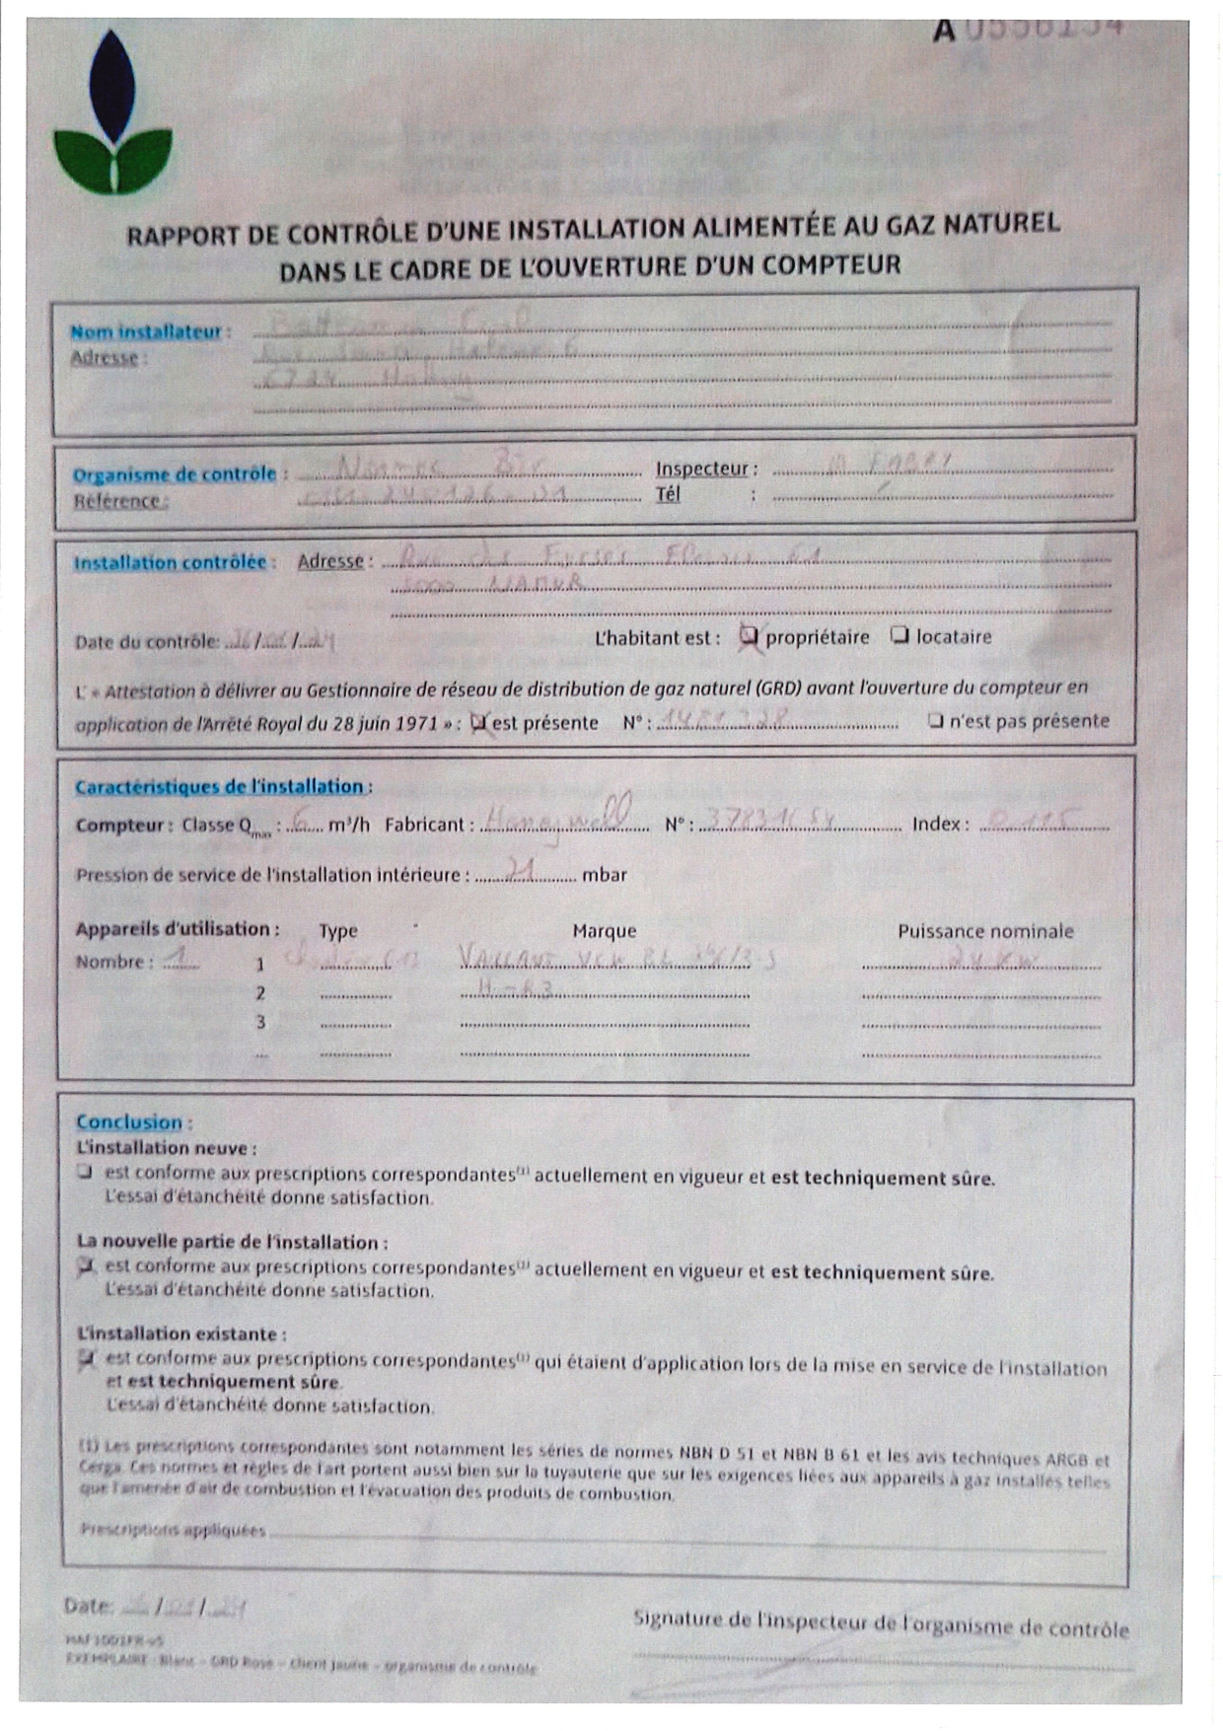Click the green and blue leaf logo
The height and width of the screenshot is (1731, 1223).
[x=112, y=113]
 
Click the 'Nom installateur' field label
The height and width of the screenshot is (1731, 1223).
[x=147, y=331]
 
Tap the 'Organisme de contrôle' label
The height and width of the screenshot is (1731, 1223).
[x=175, y=474]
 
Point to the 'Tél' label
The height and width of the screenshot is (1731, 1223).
[x=668, y=494]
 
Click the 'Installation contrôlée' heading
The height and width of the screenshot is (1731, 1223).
[x=170, y=562]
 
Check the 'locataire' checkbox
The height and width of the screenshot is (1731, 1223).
[x=899, y=635]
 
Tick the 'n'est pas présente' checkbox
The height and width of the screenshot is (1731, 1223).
[x=936, y=721]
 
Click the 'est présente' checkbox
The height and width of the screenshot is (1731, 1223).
[x=479, y=723]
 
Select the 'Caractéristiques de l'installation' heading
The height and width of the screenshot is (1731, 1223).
[x=220, y=786]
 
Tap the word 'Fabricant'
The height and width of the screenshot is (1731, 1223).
[x=425, y=825]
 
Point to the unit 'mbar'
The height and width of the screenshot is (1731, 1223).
[x=605, y=875]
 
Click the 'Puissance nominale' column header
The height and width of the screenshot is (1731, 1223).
[x=984, y=931]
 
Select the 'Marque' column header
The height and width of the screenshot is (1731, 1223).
[x=604, y=931]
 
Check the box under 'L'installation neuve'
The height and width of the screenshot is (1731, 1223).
[x=86, y=1172]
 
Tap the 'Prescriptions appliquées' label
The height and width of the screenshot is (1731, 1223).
[x=173, y=1530]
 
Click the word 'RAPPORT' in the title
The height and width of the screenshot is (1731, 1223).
[x=183, y=236]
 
